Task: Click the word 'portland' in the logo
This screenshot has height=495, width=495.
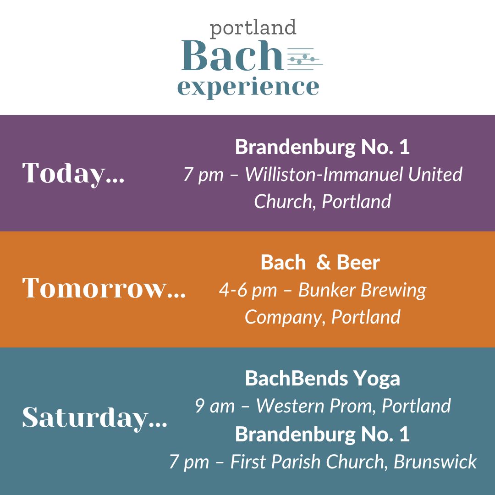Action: (253, 28)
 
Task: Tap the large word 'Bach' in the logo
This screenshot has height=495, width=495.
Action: (231, 57)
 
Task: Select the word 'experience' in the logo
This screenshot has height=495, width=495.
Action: (248, 87)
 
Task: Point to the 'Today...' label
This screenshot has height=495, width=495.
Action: (73, 173)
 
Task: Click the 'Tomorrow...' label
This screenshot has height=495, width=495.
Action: (104, 288)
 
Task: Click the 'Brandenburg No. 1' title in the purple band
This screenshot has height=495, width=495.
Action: (322, 147)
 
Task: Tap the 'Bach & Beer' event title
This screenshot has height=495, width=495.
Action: (320, 263)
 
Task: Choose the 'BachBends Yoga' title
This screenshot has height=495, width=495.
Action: (322, 379)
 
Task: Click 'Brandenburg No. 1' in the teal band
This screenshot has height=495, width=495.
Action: (322, 434)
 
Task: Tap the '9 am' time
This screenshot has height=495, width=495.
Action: (214, 406)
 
